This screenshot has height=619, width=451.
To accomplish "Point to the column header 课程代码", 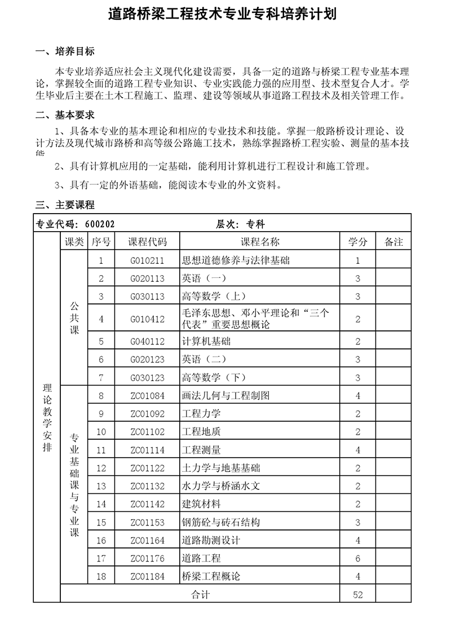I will click(x=148, y=242).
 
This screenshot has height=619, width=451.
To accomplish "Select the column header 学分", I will click(x=357, y=242).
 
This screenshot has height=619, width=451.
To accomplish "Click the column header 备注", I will click(x=393, y=242).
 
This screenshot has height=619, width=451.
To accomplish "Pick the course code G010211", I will click(x=148, y=260).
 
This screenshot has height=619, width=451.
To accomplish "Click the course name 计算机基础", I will click(x=206, y=341).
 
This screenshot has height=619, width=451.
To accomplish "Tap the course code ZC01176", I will click(x=148, y=558).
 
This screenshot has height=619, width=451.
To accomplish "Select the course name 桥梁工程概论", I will click(x=211, y=576).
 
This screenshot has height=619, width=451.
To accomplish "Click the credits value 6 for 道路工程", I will click(x=357, y=558).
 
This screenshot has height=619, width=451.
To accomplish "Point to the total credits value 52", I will click(x=357, y=595).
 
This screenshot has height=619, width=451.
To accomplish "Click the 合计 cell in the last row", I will click(x=201, y=595).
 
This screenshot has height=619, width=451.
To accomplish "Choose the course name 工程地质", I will click(x=201, y=432).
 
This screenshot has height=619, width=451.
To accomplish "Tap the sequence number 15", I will click(x=101, y=523).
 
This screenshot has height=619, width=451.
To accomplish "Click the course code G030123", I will click(x=148, y=378).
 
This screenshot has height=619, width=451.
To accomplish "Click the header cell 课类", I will click(x=74, y=242).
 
